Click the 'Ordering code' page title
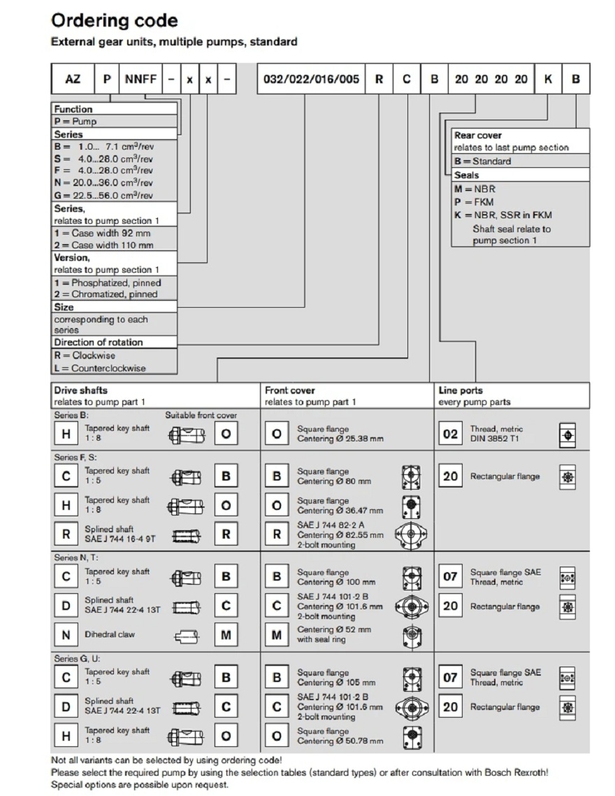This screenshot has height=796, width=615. click(115, 20)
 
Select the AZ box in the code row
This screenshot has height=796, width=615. click(73, 79)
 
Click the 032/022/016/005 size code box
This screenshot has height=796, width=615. click(312, 79)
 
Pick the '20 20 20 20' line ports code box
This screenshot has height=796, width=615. click(491, 79)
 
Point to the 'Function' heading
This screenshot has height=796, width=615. click(73, 109)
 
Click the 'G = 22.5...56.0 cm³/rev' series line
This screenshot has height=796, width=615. click(103, 196)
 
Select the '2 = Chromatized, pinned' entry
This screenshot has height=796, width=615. click(106, 294)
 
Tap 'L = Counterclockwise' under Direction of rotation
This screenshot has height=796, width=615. click(100, 368)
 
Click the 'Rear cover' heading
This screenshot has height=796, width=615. click(478, 135)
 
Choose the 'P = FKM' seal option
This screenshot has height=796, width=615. click(474, 202)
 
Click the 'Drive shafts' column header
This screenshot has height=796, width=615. click(81, 390)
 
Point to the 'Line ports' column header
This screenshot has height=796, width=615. click(461, 390)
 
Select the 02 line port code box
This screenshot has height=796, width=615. click(451, 434)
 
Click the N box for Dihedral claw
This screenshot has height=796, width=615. click(66, 635)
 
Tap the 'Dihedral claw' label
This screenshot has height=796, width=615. click(110, 634)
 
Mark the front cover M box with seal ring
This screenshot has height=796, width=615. click(277, 635)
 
